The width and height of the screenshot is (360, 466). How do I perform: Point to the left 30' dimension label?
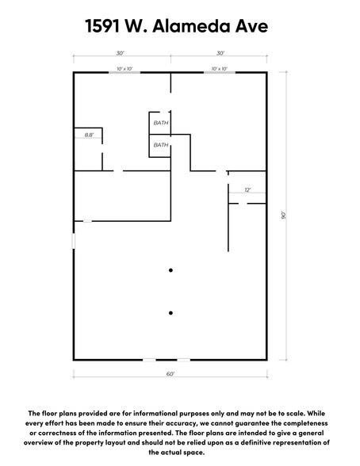pos(120,53)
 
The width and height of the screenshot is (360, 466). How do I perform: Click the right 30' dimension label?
pos(220,53)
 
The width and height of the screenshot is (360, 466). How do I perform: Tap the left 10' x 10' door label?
pos(124,69)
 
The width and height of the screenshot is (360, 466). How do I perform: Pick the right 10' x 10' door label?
pos(220,69)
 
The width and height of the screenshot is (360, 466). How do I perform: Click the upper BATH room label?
pos(160,123)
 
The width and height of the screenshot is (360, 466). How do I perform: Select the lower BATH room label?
pos(160,145)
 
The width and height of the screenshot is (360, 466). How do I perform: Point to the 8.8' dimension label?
pos(90,136)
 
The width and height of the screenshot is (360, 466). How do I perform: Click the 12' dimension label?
pos(247,190)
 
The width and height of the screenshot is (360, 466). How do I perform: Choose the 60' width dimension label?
pos(170,373)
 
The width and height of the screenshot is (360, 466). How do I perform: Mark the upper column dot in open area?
pos(170,271)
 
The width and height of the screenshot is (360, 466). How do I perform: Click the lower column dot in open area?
pos(170,312)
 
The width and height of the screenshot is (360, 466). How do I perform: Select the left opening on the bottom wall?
pos(149,359)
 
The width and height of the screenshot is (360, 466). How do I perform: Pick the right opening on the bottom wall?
pos(183,359)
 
